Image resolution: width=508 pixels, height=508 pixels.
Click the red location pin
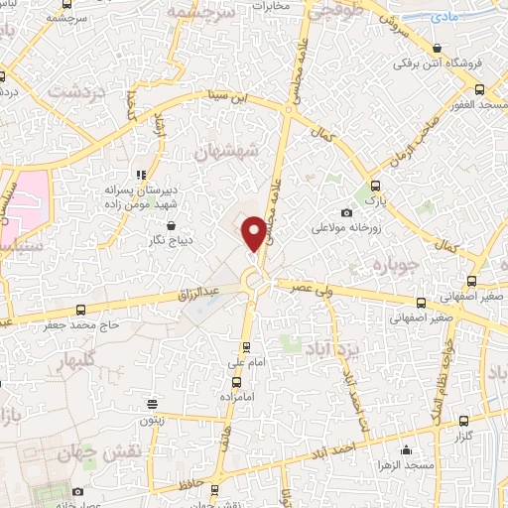[x=255, y=232]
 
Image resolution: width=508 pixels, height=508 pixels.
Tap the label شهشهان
[x=227, y=152]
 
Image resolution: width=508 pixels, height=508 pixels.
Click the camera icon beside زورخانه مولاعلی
[x=346, y=212]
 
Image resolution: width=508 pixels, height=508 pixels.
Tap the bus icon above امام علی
[x=247, y=347]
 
